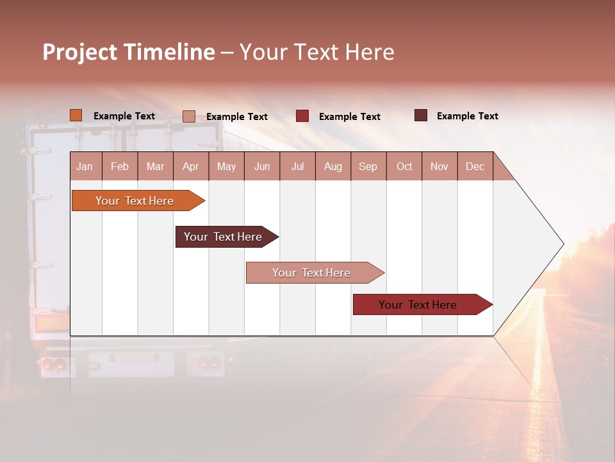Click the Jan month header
point(85,166)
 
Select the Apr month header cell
point(191,166)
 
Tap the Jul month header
point(297,166)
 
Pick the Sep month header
point(368,166)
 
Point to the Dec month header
point(475,166)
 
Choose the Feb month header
point(120,166)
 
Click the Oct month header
point(404,166)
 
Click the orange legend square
point(76,116)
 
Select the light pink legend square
point(189,116)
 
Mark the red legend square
point(302,116)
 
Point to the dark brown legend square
point(421,116)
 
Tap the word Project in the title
point(79,52)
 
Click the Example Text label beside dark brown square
point(467,116)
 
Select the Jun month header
point(262,166)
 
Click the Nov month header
point(439,166)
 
